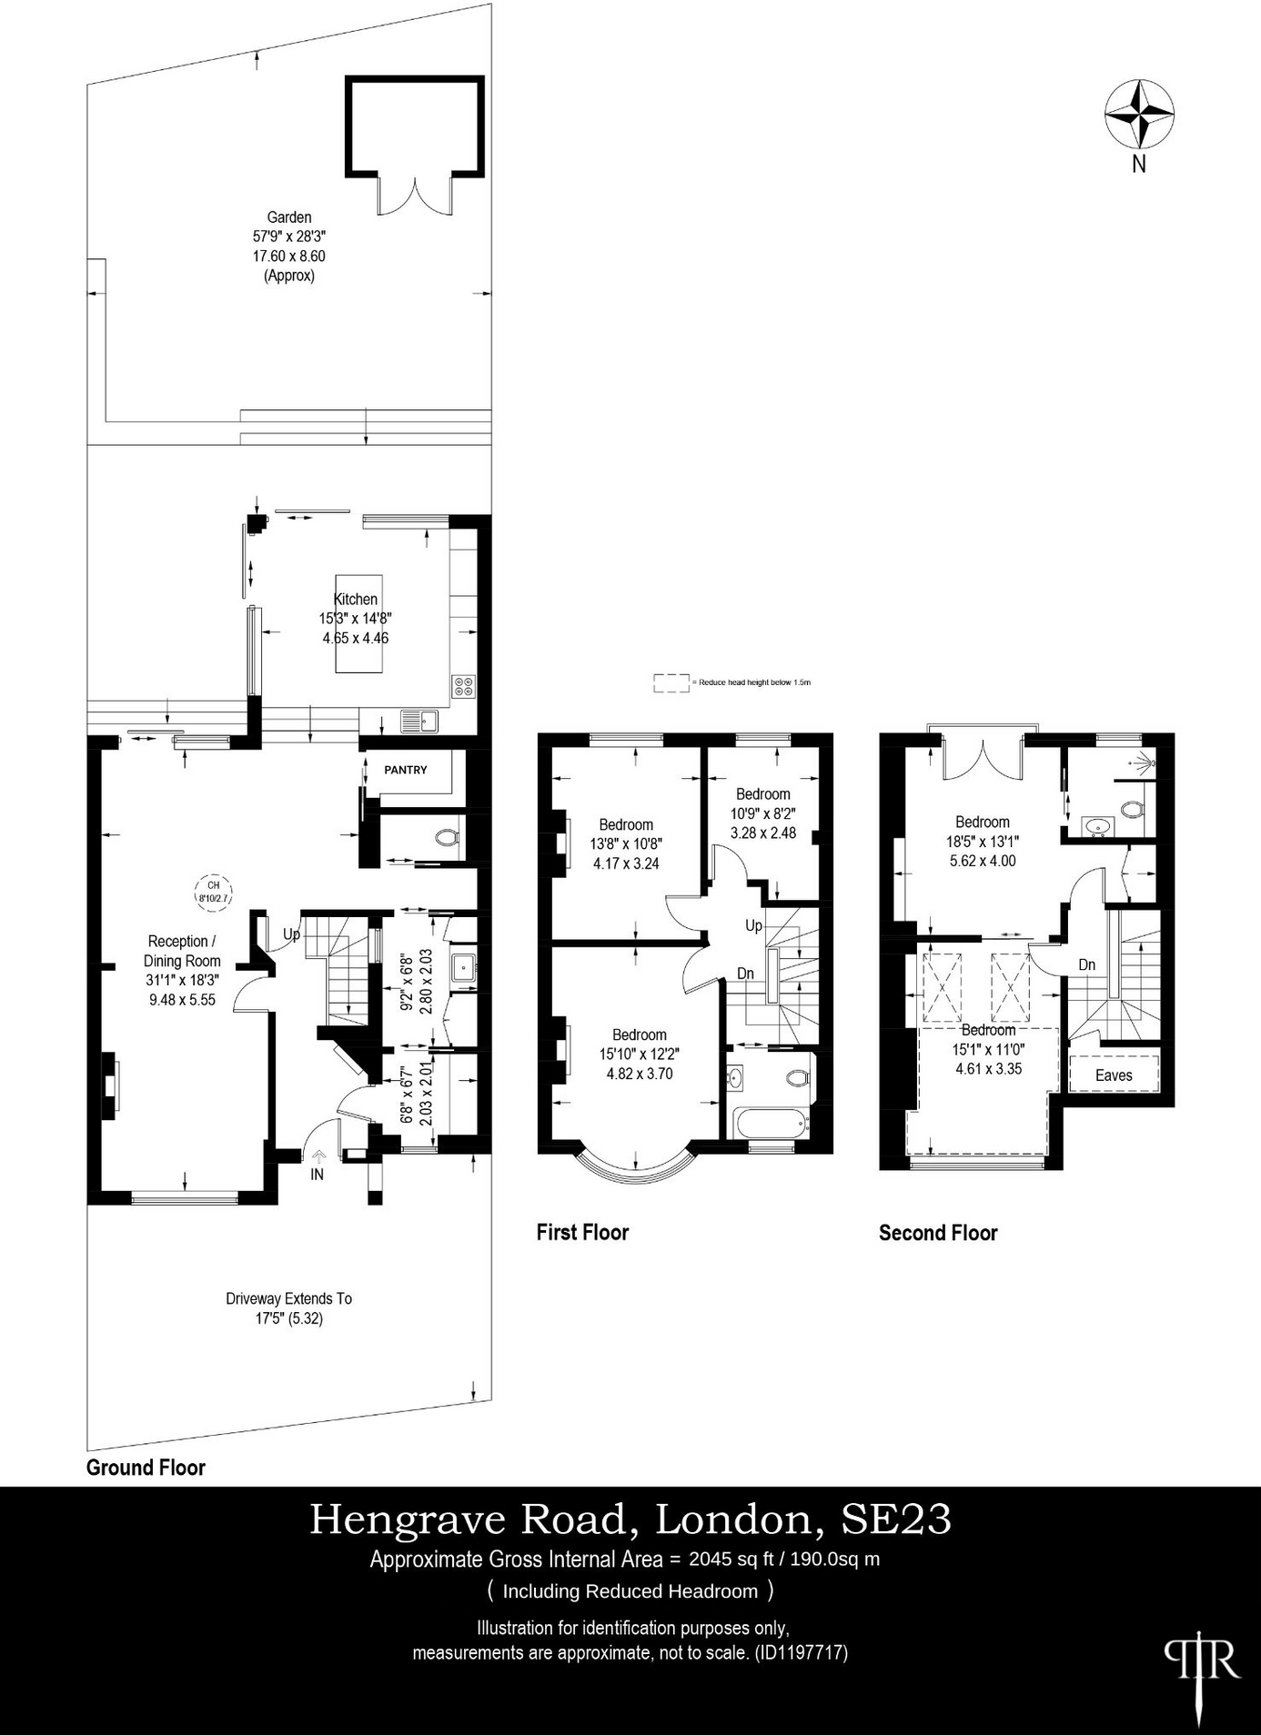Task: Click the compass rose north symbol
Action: click(x=1139, y=116)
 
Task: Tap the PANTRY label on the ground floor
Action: click(x=406, y=770)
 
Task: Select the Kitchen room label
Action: click(x=356, y=600)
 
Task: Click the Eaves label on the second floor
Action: click(x=1114, y=1075)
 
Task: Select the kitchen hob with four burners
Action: click(x=463, y=686)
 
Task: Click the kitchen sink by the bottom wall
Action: click(x=419, y=722)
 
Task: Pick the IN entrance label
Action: click(x=318, y=1175)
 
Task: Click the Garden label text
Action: click(x=289, y=217)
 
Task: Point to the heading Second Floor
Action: click(x=938, y=1233)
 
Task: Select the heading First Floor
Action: click(x=582, y=1232)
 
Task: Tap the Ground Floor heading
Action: click(x=146, y=1468)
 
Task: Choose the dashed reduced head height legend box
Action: click(x=671, y=683)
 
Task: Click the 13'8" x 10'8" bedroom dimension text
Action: click(x=626, y=844)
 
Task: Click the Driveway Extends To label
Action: click(x=289, y=1298)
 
